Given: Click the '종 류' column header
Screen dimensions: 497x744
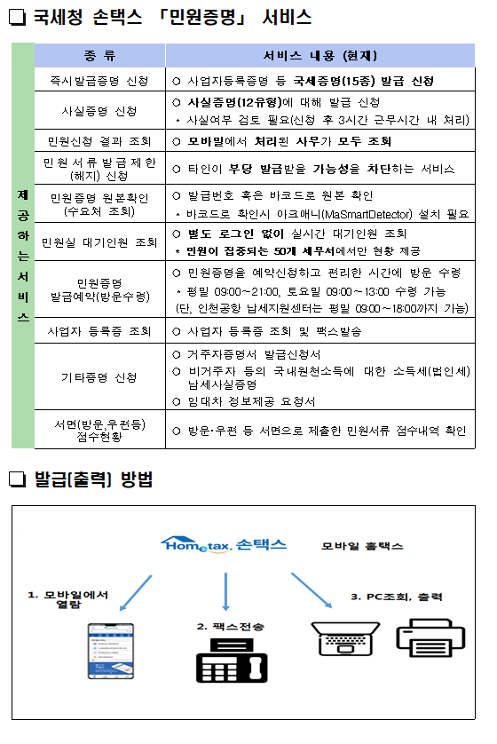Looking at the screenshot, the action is tap(99, 56).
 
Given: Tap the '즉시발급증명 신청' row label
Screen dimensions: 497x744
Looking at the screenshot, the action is tap(99, 81).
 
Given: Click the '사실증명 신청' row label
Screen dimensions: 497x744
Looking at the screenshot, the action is tap(99, 111).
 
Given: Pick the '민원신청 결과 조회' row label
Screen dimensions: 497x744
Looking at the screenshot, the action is tap(99, 141).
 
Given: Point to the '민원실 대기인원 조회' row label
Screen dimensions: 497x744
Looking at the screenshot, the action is tap(99, 241).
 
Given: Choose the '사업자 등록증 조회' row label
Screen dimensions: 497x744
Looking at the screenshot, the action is tap(99, 331).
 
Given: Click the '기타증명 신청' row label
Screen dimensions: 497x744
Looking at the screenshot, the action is tap(99, 377).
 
